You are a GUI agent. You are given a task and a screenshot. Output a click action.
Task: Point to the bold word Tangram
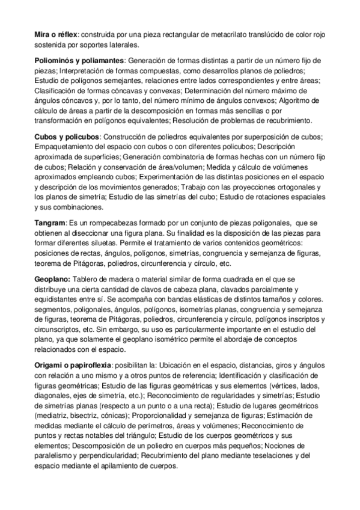point(49,224)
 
